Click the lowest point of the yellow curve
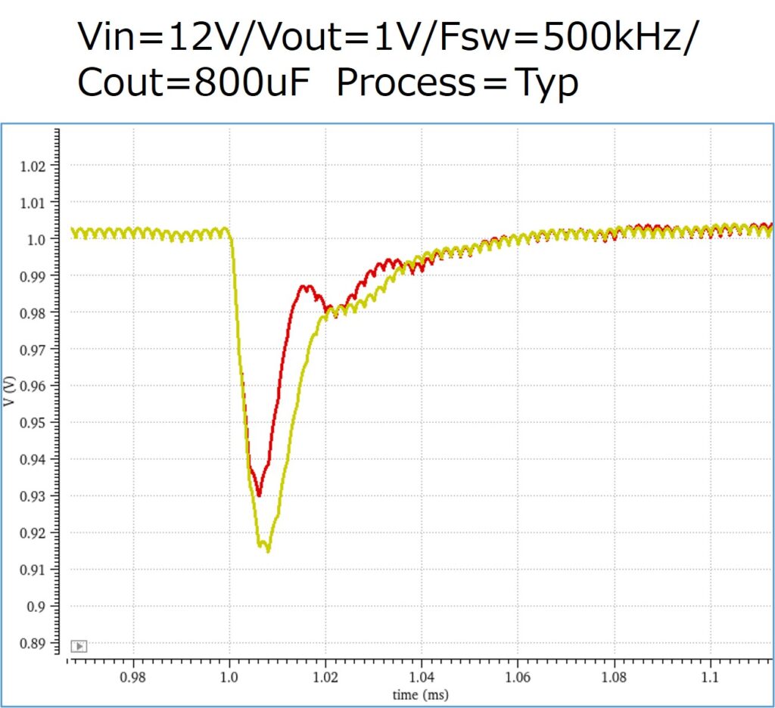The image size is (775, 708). [x=268, y=551]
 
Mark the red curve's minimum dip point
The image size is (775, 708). [x=259, y=495]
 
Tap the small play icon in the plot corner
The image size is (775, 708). [x=79, y=646]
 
